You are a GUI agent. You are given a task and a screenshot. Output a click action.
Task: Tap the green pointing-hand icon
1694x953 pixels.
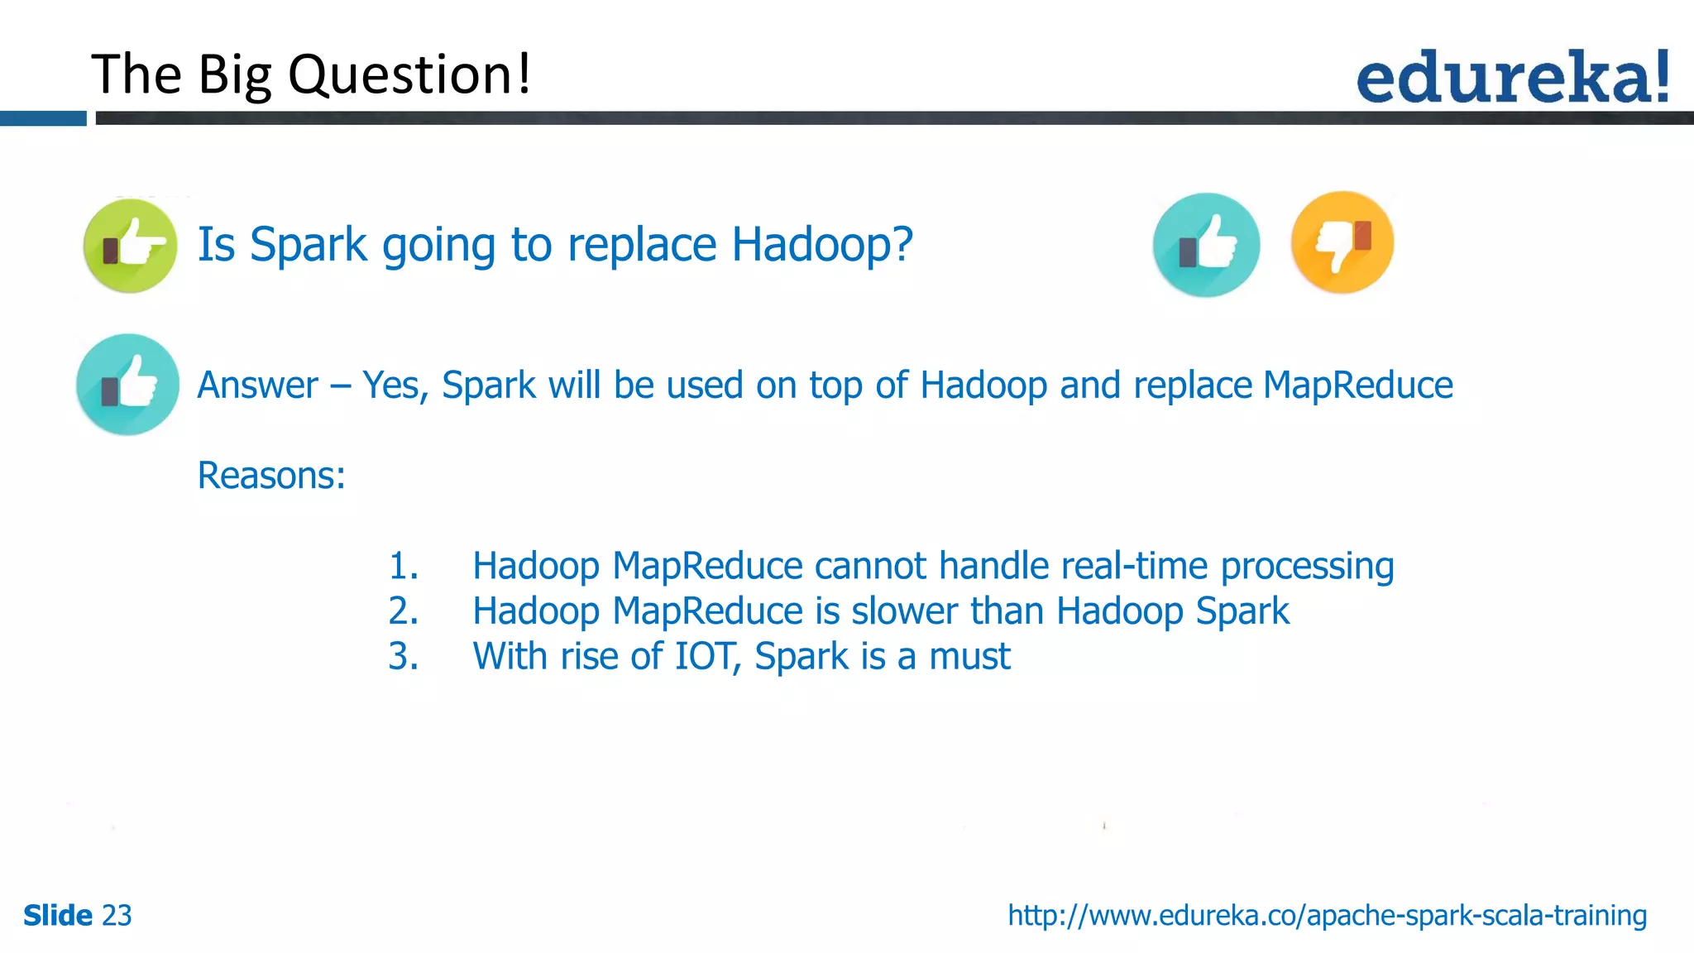(x=130, y=246)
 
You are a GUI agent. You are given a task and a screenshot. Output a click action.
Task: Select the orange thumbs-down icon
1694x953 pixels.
(x=1342, y=242)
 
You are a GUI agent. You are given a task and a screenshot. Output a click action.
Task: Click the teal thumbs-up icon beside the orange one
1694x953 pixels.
(x=1206, y=245)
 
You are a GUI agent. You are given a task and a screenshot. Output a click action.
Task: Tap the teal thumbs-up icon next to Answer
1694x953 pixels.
(x=127, y=385)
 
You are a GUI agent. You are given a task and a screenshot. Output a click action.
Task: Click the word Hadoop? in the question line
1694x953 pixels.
(x=822, y=245)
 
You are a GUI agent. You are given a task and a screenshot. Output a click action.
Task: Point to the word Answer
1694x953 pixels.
(x=257, y=386)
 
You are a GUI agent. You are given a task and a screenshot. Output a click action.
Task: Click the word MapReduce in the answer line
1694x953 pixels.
(x=1357, y=386)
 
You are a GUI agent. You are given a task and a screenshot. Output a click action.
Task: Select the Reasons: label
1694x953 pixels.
(x=271, y=476)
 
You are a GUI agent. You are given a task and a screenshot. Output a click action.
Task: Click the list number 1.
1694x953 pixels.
(x=403, y=567)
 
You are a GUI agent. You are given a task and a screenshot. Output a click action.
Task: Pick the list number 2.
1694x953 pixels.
(x=403, y=612)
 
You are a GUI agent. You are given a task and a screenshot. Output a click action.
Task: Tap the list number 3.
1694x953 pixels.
(x=403, y=657)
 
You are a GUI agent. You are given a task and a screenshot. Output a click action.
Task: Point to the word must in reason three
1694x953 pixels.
(x=969, y=657)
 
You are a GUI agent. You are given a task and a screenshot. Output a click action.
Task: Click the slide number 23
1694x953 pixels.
(x=117, y=916)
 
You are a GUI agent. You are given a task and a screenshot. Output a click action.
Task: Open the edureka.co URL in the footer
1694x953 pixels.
(x=1327, y=916)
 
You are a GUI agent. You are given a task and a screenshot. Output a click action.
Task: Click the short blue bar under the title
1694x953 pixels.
(x=43, y=119)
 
